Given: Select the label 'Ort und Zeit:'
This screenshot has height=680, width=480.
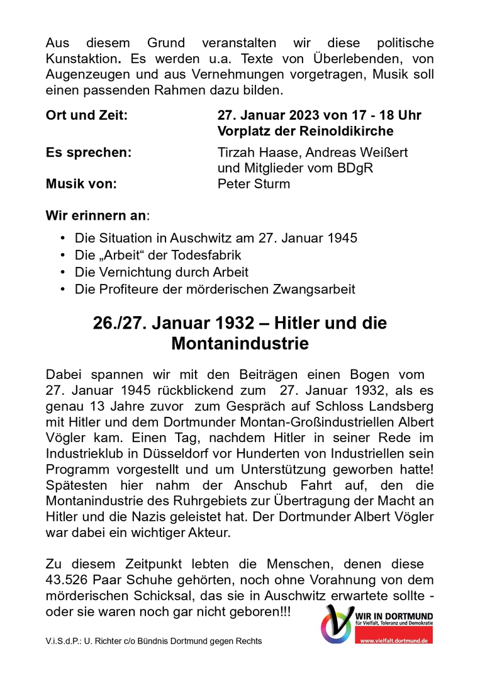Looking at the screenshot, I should [86, 116].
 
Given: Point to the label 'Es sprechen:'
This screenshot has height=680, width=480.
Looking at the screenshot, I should [89, 153].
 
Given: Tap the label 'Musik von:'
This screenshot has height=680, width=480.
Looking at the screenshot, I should [81, 184].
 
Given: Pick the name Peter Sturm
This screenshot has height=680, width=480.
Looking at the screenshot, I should [254, 184].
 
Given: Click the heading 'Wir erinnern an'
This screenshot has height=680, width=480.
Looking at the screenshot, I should [96, 215].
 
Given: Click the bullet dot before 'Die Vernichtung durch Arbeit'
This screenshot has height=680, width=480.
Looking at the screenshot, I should [62, 273].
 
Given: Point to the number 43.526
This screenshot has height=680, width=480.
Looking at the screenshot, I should [69, 580].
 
